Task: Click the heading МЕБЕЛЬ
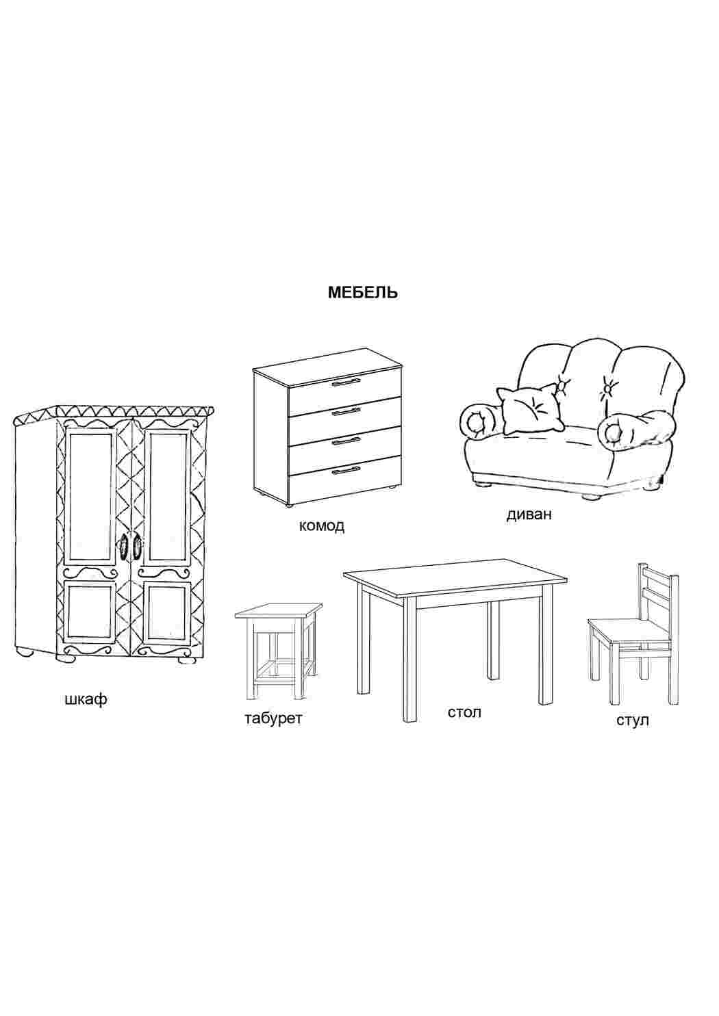(363, 293)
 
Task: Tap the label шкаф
(86, 699)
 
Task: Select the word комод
(322, 525)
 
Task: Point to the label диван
(529, 514)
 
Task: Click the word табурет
(273, 719)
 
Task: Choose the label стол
(464, 712)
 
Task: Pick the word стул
(633, 720)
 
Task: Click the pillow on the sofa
(530, 409)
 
